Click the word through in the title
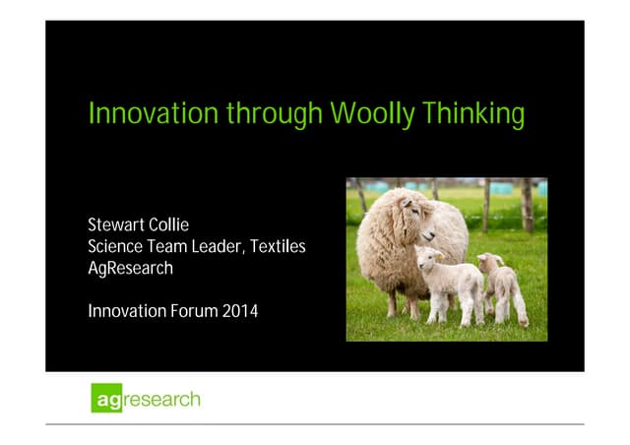click(275, 114)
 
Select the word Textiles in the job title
click(278, 246)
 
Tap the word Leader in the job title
click(214, 246)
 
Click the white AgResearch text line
click(130, 268)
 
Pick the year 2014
click(240, 312)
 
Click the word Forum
click(191, 312)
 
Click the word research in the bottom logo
click(161, 401)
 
